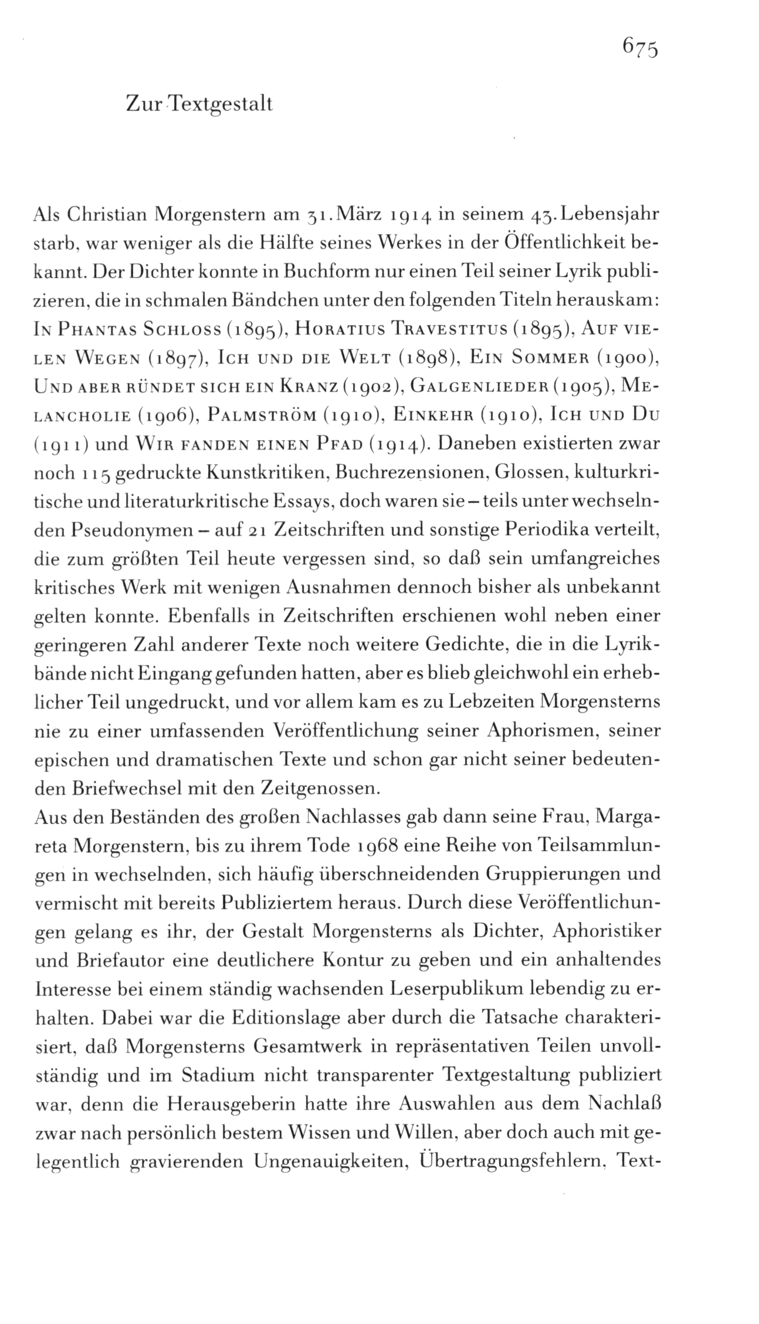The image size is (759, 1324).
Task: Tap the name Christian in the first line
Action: click(x=104, y=215)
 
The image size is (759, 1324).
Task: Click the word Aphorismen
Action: click(x=544, y=731)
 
